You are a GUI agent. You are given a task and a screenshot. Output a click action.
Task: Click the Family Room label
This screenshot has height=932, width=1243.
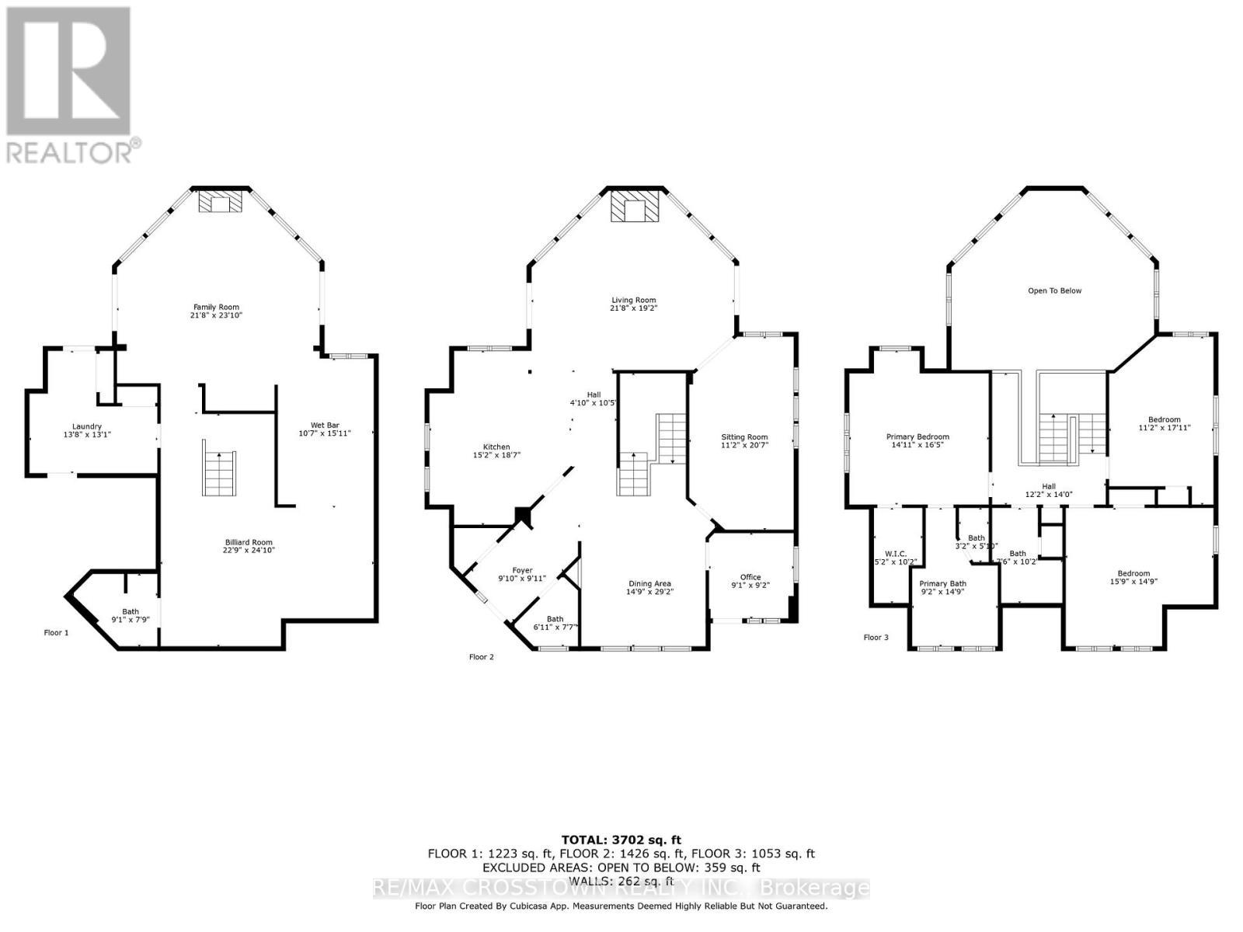tap(216, 307)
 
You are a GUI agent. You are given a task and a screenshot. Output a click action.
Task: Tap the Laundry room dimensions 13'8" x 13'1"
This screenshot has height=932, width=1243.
tap(87, 436)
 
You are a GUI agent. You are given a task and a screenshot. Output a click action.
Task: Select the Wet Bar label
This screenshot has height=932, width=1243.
tap(325, 425)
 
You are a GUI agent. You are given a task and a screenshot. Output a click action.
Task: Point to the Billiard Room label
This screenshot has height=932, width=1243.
tap(249, 542)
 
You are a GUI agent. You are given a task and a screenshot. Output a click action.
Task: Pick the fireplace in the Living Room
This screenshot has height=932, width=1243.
tap(635, 207)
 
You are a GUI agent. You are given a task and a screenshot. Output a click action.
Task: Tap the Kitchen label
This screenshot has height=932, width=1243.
tap(496, 447)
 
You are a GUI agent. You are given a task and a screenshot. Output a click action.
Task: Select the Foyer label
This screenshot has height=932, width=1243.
tap(522, 570)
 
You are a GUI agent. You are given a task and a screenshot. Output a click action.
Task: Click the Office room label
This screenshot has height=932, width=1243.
tap(750, 577)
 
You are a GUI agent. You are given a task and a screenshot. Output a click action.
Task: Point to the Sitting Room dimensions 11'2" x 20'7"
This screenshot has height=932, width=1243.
tap(744, 446)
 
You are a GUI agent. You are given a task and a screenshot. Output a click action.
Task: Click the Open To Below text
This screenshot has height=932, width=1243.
tap(1054, 290)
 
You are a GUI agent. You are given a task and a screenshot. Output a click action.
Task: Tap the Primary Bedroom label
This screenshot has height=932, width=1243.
tap(917, 436)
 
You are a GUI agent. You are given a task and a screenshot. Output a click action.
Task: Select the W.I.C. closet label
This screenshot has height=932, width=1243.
tap(896, 554)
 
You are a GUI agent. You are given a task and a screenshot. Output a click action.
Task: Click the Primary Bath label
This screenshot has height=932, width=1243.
tap(942, 583)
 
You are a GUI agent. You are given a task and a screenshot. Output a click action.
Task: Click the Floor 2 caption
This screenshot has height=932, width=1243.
tap(481, 657)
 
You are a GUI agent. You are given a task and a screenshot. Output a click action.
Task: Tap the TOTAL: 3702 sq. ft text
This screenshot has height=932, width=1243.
tap(621, 840)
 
